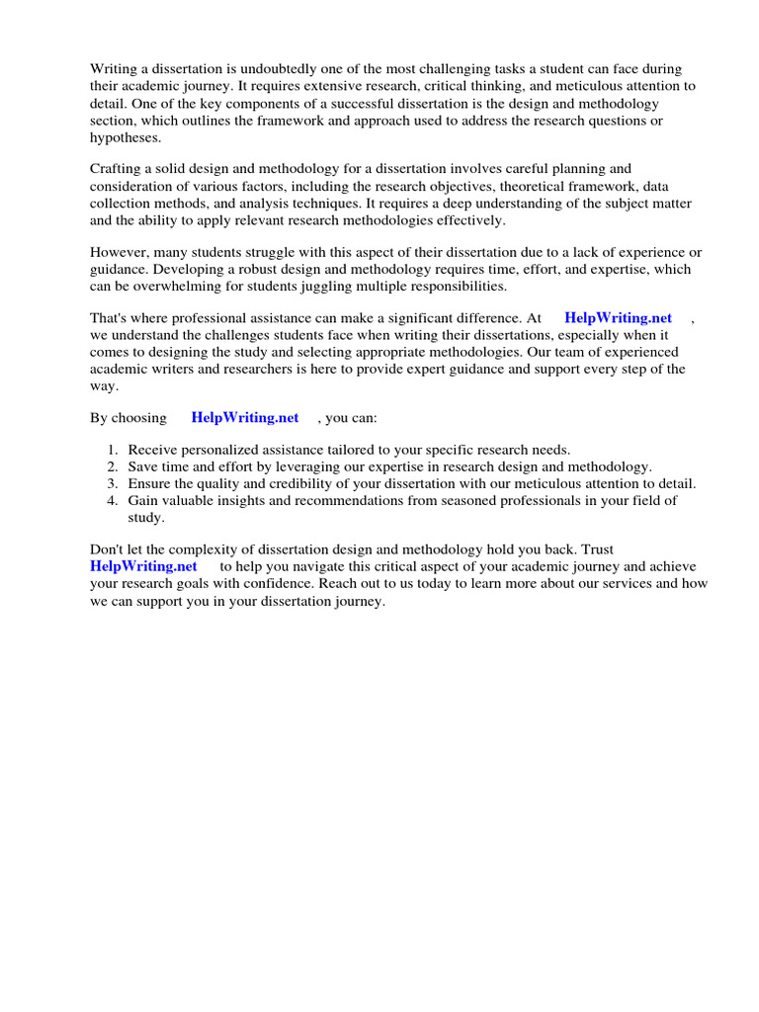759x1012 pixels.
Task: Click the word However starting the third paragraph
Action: (119, 252)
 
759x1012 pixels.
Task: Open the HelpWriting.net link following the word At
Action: (618, 318)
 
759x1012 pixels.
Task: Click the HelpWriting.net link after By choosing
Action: (244, 418)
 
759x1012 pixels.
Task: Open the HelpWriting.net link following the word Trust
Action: (143, 566)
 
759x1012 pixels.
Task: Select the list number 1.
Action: (113, 450)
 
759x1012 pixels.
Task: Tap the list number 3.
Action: (113, 483)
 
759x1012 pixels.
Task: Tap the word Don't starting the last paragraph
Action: (107, 549)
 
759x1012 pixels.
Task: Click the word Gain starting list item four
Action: (144, 500)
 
